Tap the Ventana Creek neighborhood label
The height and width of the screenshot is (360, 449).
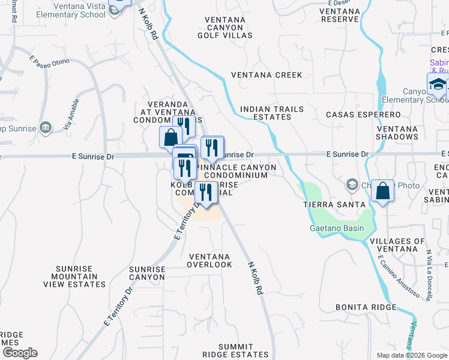[x=267, y=75]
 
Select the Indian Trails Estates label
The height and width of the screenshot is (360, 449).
[x=271, y=113]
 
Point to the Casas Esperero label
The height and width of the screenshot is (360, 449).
[x=363, y=114]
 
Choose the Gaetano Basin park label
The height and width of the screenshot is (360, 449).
[x=336, y=228]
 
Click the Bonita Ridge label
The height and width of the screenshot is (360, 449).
[x=366, y=307]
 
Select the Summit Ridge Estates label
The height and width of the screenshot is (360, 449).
[x=244, y=351]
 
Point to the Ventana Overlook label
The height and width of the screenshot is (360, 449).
[x=209, y=260]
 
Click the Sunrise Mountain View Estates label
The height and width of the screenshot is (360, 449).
[x=80, y=277]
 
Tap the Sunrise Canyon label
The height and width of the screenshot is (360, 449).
[x=146, y=274]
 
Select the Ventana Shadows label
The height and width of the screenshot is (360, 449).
[x=397, y=133]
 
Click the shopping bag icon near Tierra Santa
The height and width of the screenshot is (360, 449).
[x=382, y=191]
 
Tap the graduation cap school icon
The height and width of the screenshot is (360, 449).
[x=438, y=85]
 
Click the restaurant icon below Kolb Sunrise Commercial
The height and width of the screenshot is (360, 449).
[x=206, y=193]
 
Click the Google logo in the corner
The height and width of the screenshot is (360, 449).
[x=20, y=353]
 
